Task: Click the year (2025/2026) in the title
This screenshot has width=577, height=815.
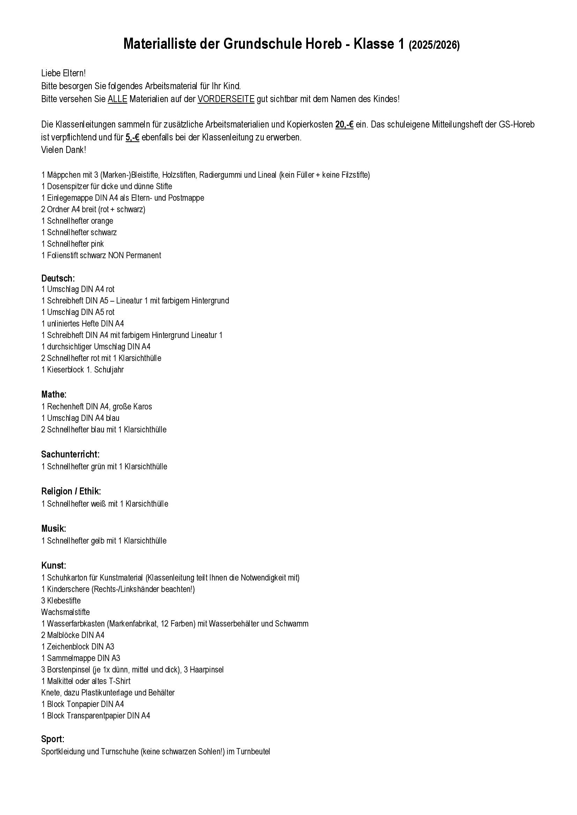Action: pos(434,45)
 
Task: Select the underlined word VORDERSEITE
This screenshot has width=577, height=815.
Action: pos(226,99)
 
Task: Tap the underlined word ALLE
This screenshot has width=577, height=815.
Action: pos(117,99)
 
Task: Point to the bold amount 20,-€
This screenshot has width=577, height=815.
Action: pos(344,125)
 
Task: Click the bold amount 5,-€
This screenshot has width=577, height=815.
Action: pos(132,137)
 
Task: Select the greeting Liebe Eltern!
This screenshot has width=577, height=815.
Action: pos(63,74)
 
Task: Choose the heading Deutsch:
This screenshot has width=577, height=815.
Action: pos(58,278)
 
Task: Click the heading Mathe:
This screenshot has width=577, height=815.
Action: pos(54,394)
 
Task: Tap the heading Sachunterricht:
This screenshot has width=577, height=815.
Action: pos(70,454)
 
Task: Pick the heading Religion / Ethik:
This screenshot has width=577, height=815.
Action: pos(71,491)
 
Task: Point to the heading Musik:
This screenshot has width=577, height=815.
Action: pos(54,529)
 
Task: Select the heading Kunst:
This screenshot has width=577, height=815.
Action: pos(54,566)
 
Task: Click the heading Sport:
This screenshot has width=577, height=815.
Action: pos(53,739)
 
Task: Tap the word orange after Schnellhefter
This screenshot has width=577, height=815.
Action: pos(102,221)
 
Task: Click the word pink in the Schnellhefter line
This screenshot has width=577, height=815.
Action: pos(97,244)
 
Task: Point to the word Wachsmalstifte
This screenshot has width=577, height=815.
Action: pos(65,612)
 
